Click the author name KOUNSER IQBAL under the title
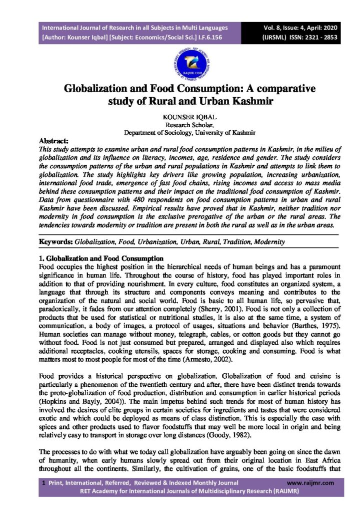[181, 117]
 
